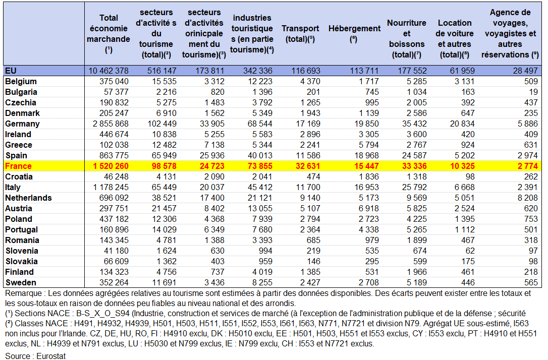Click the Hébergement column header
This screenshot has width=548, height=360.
(354, 33)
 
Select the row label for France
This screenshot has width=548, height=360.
(18, 166)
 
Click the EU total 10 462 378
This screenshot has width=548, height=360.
(108, 71)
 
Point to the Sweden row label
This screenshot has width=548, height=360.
(20, 282)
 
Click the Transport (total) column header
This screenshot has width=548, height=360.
(300, 33)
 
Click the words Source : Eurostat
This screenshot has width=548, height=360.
(36, 355)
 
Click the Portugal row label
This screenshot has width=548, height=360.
(23, 229)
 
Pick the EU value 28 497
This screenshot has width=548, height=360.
(526, 71)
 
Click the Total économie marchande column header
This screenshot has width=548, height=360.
(108, 33)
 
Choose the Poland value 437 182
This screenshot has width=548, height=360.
(114, 219)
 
